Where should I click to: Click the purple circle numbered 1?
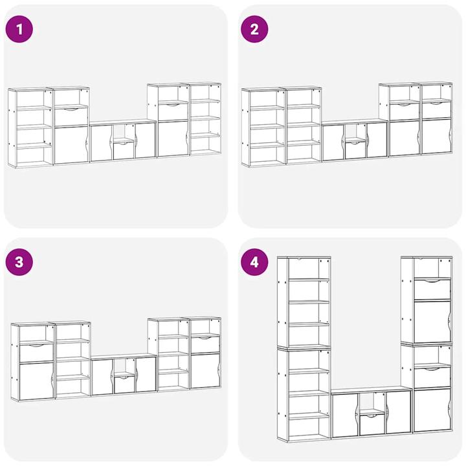click(x=19, y=29)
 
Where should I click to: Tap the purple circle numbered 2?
click(x=254, y=29)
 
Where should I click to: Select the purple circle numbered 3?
click(x=19, y=262)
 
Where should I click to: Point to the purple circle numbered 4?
click(x=254, y=262)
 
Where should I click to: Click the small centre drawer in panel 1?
click(x=124, y=151)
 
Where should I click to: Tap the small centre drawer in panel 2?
click(x=355, y=150)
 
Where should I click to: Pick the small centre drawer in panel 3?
click(x=124, y=384)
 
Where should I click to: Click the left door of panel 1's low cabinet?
click(x=102, y=143)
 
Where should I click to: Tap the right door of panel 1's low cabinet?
click(x=146, y=140)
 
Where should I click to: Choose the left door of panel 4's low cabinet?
click(x=345, y=416)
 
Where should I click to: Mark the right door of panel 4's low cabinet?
click(x=398, y=412)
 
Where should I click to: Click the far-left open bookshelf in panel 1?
click(x=30, y=128)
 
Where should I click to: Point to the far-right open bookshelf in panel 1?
click(x=205, y=119)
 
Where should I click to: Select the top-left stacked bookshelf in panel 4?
click(x=304, y=302)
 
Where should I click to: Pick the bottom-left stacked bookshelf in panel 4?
click(x=304, y=395)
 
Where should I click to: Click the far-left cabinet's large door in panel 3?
click(x=36, y=381)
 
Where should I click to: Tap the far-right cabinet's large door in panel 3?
click(x=205, y=371)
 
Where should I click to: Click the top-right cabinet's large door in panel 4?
click(x=432, y=322)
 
